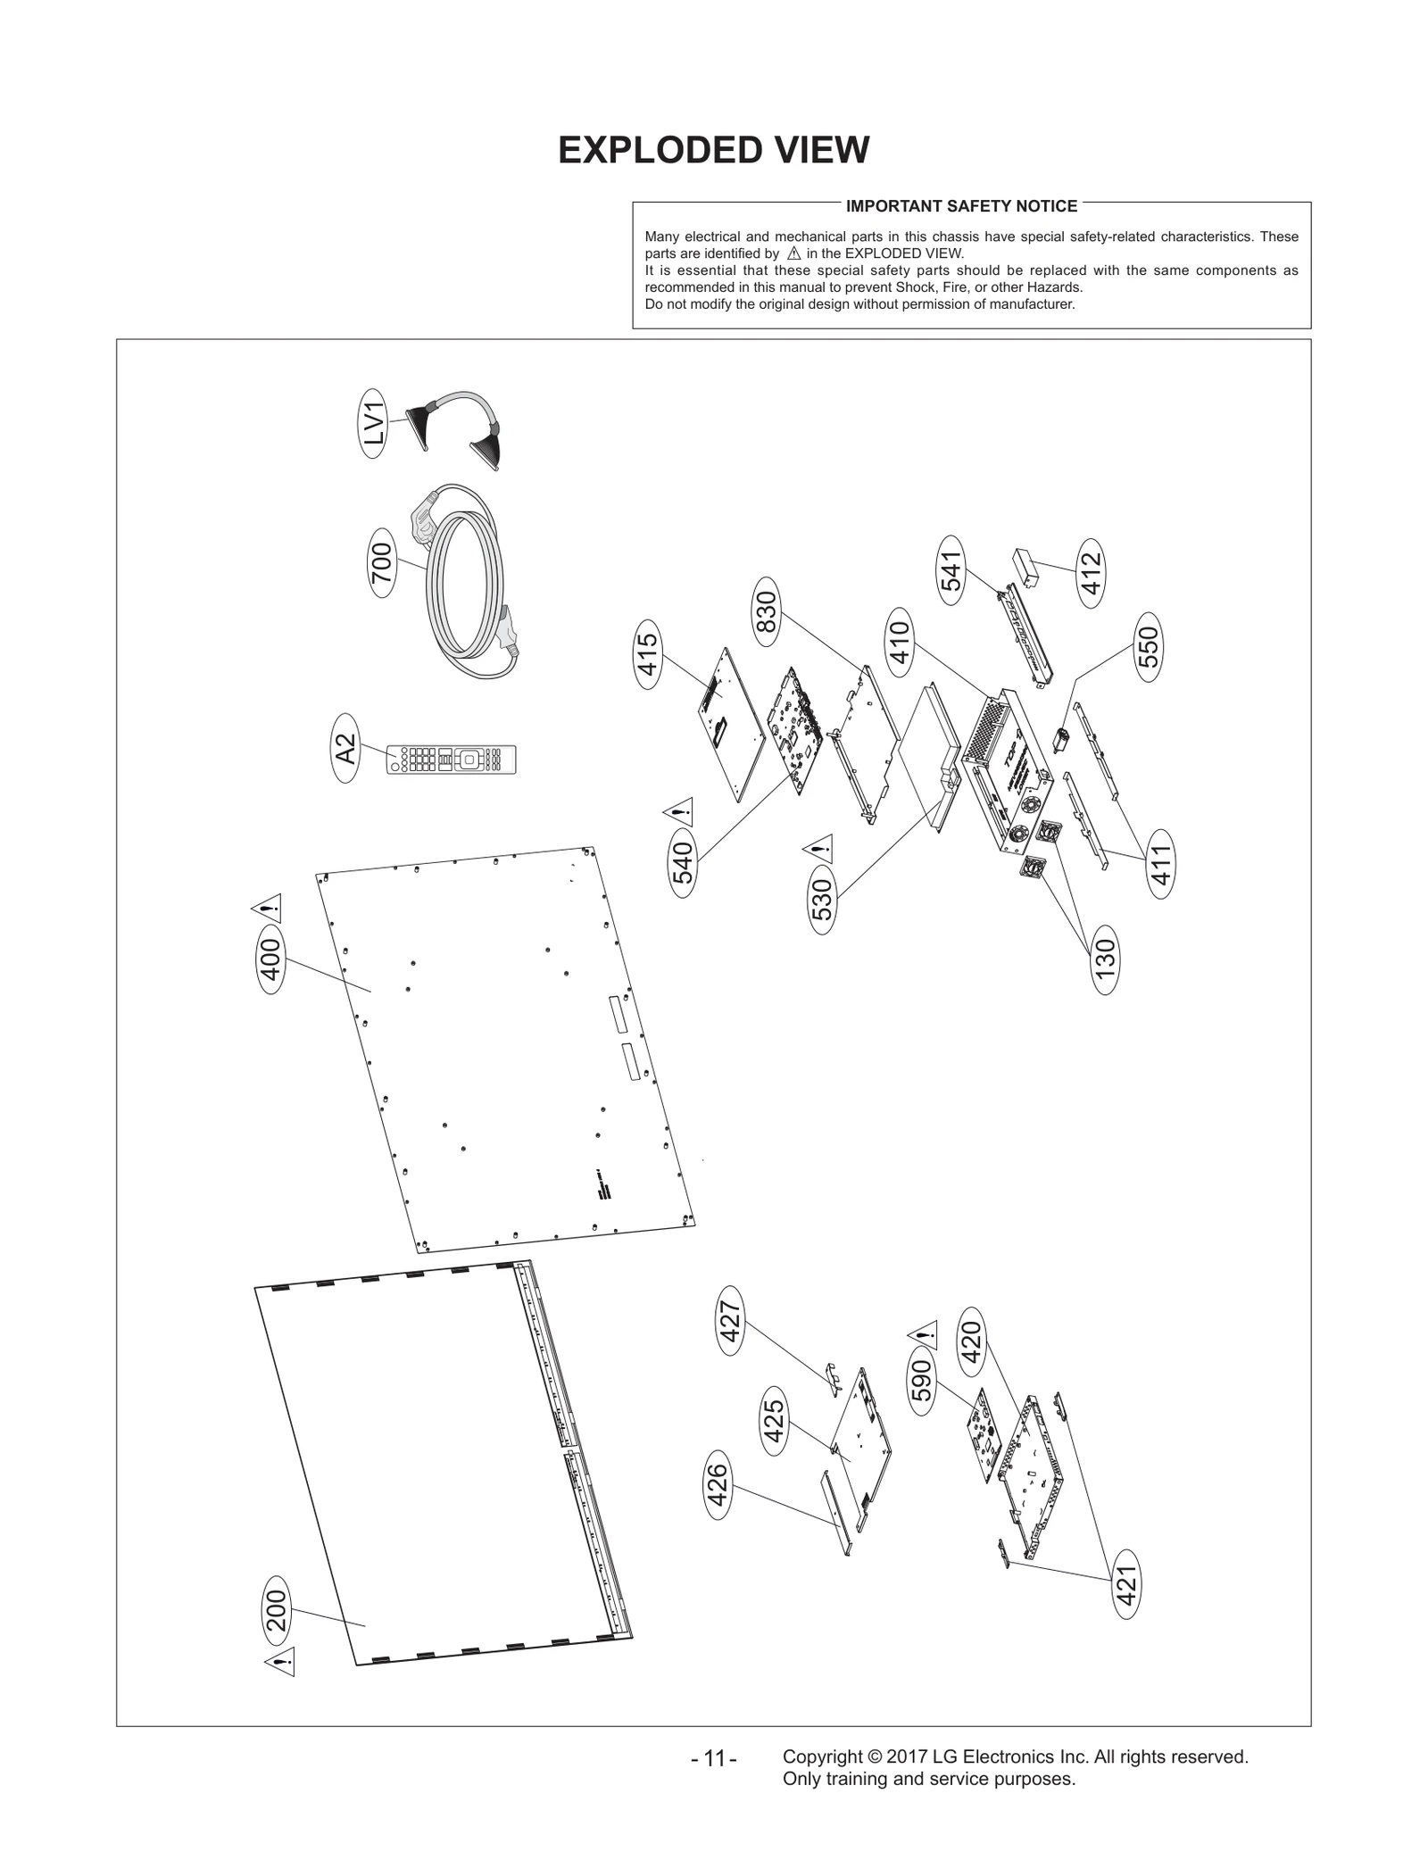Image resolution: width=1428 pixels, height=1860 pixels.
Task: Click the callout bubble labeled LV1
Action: (x=374, y=424)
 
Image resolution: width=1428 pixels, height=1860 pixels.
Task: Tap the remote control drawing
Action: (x=451, y=760)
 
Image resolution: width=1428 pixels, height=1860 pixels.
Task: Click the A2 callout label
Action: (x=346, y=749)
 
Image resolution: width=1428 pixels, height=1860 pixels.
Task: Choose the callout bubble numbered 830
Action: (x=767, y=612)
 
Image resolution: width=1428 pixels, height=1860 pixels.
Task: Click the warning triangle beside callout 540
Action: (x=678, y=813)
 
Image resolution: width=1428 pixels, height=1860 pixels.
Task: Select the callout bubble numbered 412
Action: (x=1091, y=574)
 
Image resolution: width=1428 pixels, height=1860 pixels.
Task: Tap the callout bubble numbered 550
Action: (x=1148, y=648)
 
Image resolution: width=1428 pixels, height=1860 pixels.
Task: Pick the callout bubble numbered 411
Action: (x=1159, y=863)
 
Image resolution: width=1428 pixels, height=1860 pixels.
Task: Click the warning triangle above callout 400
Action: (x=267, y=909)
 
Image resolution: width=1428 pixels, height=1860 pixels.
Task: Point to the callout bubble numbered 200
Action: (x=278, y=1611)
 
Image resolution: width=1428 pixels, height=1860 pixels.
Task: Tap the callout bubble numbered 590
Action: (x=923, y=1380)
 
